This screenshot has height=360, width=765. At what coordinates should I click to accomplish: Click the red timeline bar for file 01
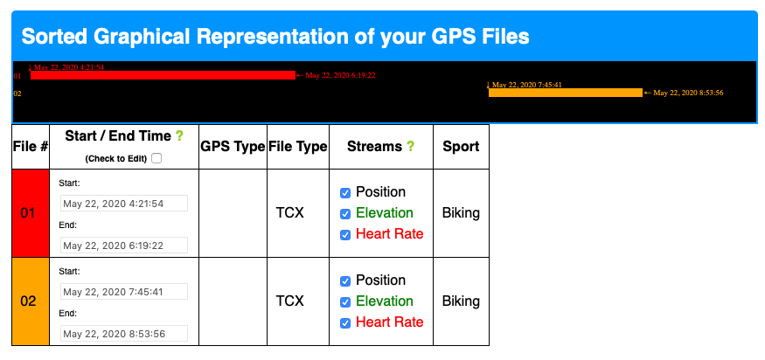[163, 75]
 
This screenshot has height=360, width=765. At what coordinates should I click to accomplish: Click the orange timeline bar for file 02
[566, 93]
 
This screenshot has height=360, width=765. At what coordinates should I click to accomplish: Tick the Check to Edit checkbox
[156, 158]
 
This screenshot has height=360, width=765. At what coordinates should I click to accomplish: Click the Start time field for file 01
[124, 204]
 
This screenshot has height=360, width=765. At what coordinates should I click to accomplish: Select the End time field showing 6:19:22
[124, 246]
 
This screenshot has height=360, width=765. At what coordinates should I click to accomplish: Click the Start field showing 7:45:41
[124, 292]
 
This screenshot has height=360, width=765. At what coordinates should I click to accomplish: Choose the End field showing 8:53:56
[124, 334]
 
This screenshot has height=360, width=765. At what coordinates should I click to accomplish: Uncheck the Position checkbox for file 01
[345, 193]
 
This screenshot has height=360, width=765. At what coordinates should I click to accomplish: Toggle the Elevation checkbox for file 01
[345, 214]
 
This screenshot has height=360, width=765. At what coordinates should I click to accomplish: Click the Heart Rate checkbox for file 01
[345, 235]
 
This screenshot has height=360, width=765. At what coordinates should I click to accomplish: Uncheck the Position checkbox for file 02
[345, 281]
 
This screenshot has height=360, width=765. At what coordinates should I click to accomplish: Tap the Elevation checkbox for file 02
[345, 302]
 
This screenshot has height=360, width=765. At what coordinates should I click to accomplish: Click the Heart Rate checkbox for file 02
[345, 323]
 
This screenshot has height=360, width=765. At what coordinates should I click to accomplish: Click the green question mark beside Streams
[410, 146]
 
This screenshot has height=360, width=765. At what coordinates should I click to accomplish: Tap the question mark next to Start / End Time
[179, 136]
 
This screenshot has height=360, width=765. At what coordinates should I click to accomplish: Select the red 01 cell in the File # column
[31, 213]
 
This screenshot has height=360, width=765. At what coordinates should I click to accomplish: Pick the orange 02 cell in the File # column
[31, 301]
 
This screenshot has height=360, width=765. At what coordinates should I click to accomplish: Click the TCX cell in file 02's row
[289, 301]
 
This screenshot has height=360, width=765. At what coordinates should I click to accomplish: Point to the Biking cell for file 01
[461, 213]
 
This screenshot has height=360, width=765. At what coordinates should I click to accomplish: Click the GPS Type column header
[233, 146]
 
